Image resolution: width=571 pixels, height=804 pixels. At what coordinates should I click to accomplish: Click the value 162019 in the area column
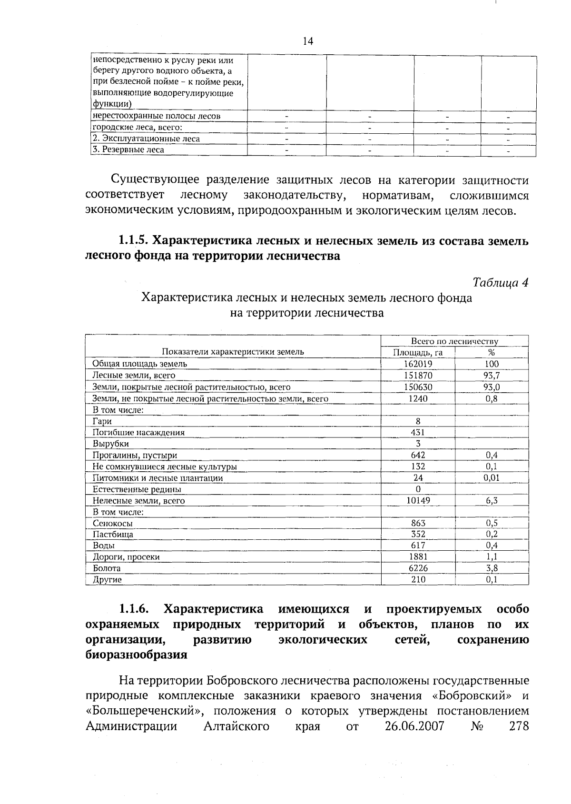point(418,364)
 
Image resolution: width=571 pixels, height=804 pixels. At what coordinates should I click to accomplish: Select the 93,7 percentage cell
point(492,376)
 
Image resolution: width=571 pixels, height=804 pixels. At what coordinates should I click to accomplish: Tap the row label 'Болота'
point(107,568)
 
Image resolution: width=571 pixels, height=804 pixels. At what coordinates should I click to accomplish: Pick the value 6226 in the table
point(418,568)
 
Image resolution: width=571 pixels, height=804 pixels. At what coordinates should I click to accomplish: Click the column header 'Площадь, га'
point(418,353)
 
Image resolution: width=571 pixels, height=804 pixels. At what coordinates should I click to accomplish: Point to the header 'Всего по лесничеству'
point(454,341)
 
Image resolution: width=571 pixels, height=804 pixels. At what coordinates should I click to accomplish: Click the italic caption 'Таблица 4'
point(501,282)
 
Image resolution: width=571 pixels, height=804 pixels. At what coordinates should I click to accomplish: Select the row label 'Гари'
point(102,421)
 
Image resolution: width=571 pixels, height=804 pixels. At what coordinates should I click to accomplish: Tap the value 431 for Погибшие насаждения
point(418,432)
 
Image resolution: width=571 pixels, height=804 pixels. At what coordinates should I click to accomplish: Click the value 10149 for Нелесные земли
point(418,500)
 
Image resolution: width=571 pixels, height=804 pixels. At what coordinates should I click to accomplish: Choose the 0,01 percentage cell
point(492,477)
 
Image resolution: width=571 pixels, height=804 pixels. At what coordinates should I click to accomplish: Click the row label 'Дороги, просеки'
point(126,557)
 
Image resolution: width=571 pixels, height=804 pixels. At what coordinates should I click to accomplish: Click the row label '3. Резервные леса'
point(128,150)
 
